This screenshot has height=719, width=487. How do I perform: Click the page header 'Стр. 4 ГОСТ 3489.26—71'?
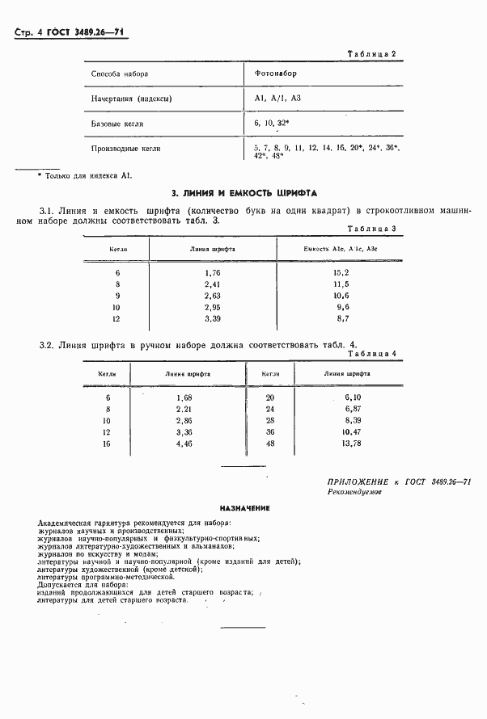(72, 32)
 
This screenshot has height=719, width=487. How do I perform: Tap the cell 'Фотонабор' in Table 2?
(275, 74)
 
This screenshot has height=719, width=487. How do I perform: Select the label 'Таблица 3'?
(371, 229)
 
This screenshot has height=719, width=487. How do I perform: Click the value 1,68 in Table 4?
(184, 398)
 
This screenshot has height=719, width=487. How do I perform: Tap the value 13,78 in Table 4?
(350, 444)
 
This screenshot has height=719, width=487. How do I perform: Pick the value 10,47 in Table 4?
(350, 432)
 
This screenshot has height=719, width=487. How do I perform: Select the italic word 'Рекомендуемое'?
(356, 491)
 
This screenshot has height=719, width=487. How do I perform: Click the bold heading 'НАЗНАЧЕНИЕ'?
(243, 508)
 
